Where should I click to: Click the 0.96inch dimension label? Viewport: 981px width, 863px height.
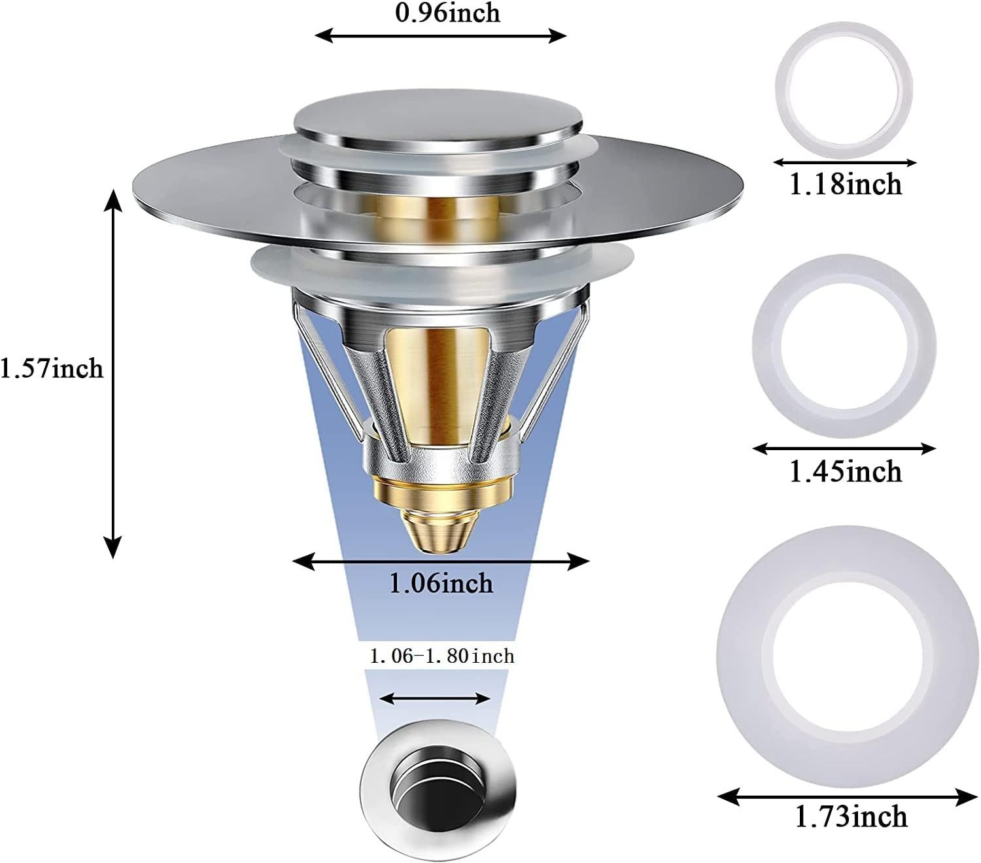coord(447,13)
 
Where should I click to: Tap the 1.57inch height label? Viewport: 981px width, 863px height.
coord(51,369)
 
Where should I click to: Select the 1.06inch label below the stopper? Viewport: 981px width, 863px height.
coord(441,582)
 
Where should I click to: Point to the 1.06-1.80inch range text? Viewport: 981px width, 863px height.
coord(442,656)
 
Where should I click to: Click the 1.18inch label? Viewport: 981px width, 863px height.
coord(845,185)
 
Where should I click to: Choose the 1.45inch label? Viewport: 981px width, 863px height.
coord(845,471)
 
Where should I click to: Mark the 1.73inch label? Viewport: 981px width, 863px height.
coord(851,817)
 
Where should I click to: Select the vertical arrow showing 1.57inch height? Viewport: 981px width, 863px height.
coord(114,373)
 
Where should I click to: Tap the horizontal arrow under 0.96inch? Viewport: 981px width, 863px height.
coord(441,36)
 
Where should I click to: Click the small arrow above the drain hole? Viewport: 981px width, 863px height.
coord(435,698)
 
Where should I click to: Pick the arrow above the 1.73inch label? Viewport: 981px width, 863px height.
coord(848,796)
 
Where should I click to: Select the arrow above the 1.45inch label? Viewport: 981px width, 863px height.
coord(844,448)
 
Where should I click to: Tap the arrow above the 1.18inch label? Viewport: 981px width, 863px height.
coord(844,162)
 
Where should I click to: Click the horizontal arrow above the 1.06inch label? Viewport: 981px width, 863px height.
coord(441,561)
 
